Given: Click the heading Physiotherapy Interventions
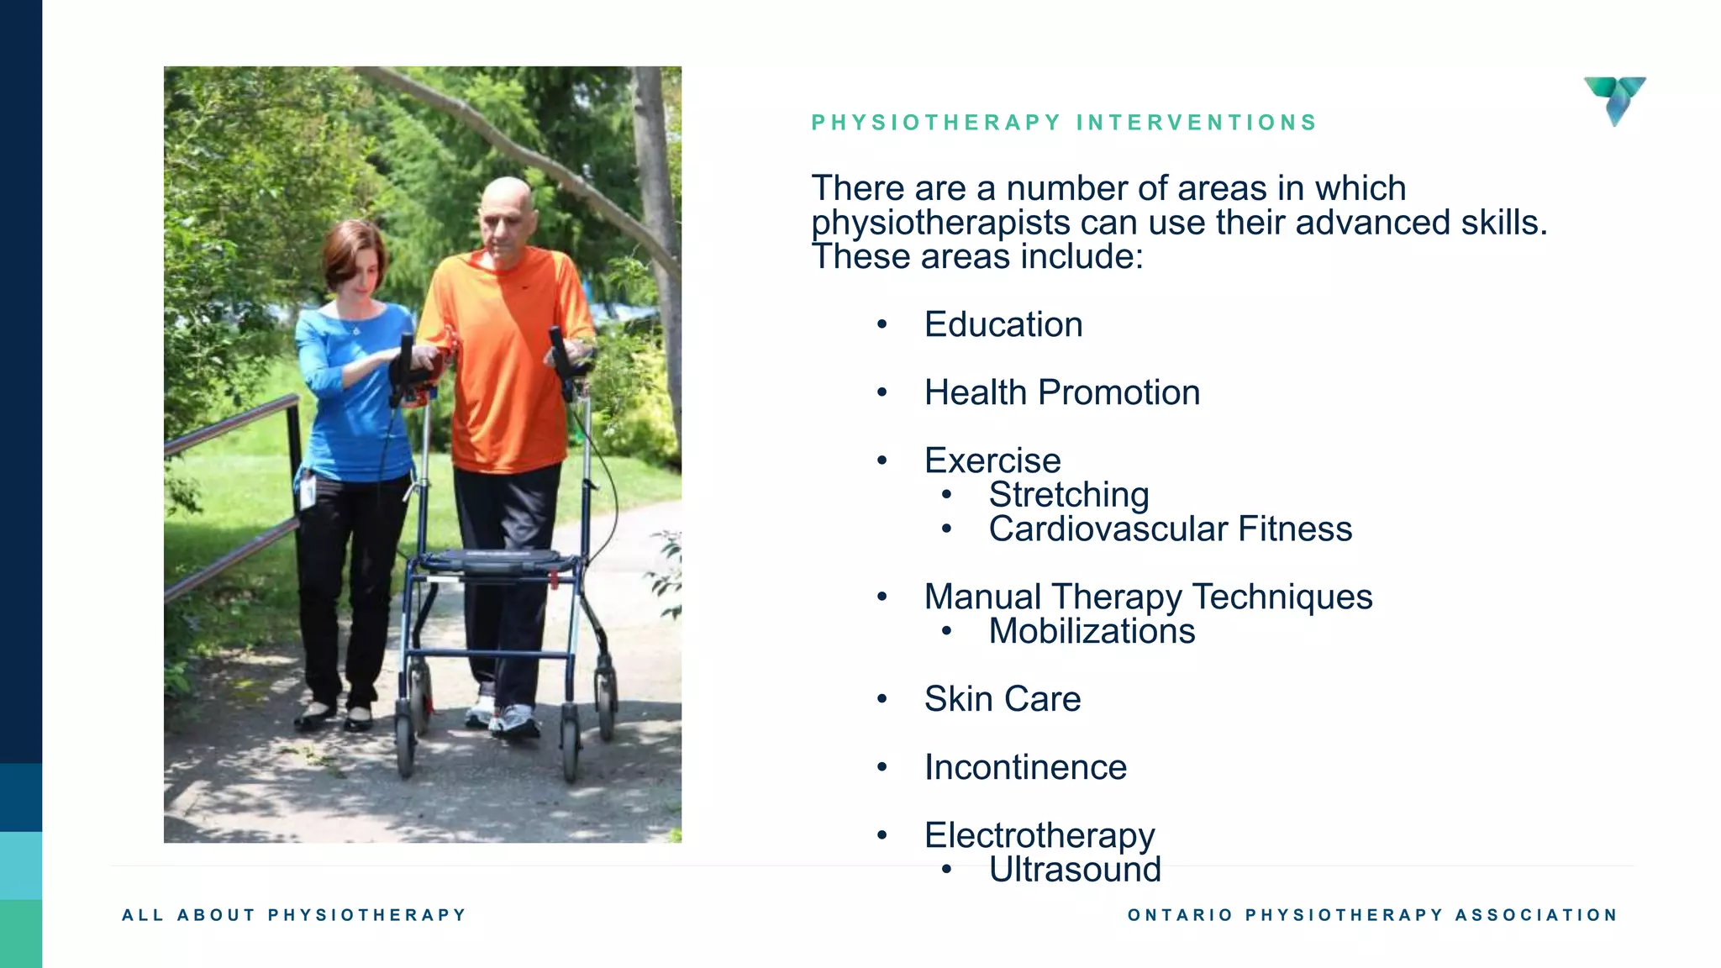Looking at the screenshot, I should [x=1064, y=123].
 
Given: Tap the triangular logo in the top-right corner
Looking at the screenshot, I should [x=1615, y=99].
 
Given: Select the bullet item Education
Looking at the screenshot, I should [x=1003, y=325].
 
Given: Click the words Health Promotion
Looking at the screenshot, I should [x=1061, y=393].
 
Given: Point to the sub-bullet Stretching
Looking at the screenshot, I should [x=1068, y=495].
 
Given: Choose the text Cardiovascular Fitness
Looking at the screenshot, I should [x=1170, y=529].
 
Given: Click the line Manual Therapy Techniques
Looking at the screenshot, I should [x=1148, y=597].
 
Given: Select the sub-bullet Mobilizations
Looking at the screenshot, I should [x=1091, y=632].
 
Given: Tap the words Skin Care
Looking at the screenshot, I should [x=1002, y=699].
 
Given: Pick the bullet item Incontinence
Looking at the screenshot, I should [x=1025, y=767].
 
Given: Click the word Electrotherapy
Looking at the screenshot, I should [x=1039, y=835].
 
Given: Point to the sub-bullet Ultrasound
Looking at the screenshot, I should [x=1074, y=870].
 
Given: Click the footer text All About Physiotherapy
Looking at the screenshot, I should [x=294, y=915].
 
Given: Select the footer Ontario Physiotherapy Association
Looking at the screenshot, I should [x=1372, y=915].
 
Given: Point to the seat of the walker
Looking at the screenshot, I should [x=496, y=560].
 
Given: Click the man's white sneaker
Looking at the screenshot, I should [x=514, y=719].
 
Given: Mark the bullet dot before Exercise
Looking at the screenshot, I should [x=882, y=460].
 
